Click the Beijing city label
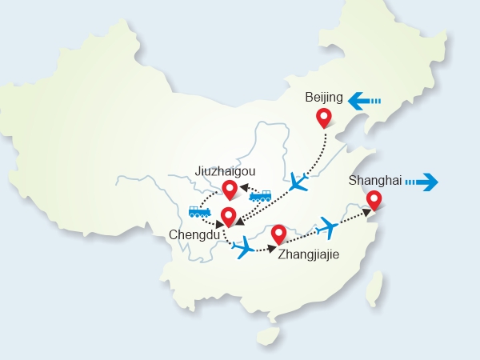tap(324, 98)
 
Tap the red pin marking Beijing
tap(324, 118)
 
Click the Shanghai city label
tap(373, 181)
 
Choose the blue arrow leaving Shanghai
tap(422, 182)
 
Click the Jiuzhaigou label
tap(225, 170)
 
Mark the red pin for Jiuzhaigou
tap(230, 189)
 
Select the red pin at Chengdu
tap(228, 215)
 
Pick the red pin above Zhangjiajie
tap(278, 233)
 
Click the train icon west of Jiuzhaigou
tap(199, 212)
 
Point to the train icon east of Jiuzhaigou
tap(261, 195)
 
